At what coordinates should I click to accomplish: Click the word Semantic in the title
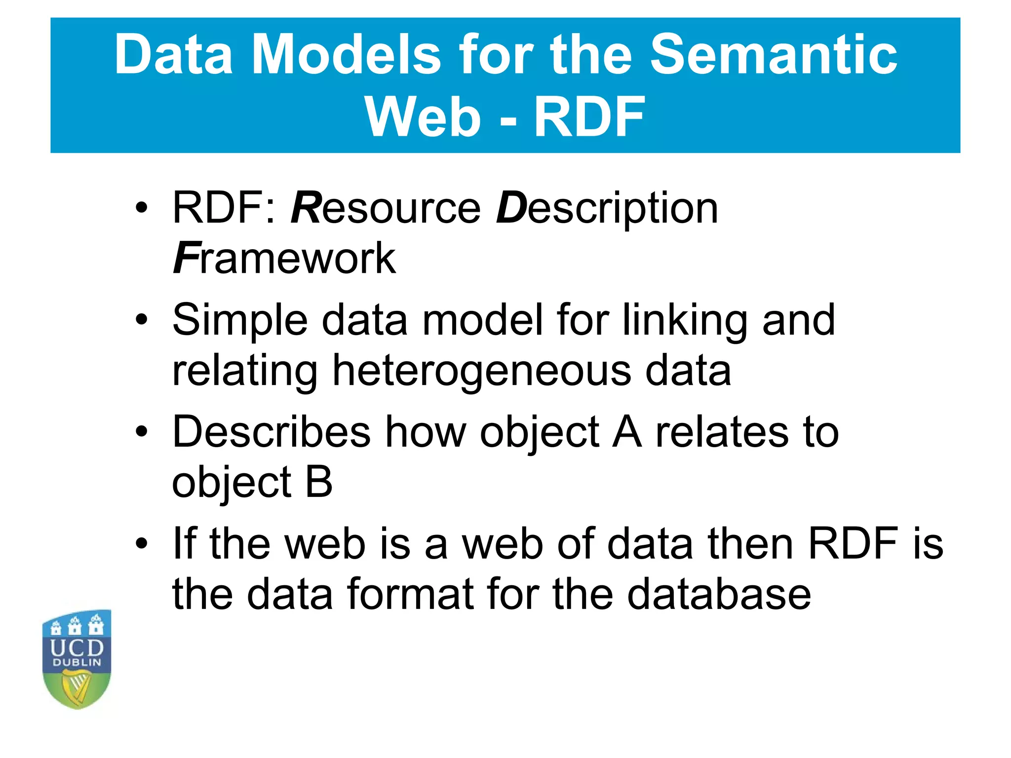tap(774, 55)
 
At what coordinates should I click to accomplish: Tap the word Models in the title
tap(346, 55)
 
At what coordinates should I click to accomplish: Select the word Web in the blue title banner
tap(423, 117)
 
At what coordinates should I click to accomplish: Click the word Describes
tap(271, 432)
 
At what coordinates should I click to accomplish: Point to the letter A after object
tap(627, 432)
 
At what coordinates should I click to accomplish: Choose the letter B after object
tap(319, 482)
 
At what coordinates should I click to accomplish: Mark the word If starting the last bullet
tap(184, 543)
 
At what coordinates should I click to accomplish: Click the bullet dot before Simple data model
tap(142, 320)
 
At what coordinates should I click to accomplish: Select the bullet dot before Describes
tap(142, 432)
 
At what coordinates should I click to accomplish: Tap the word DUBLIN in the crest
tap(77, 663)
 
